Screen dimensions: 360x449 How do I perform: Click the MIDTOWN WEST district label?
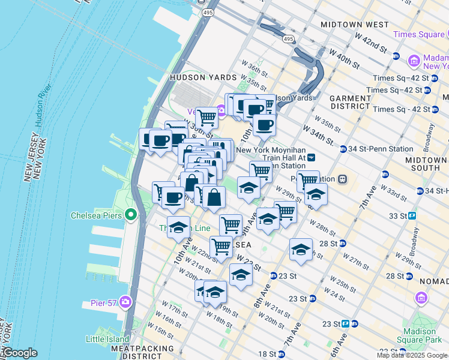(355, 25)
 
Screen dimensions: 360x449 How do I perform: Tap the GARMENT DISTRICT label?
(350, 103)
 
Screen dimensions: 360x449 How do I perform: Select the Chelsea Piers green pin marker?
(131, 215)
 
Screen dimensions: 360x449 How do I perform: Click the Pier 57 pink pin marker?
(125, 301)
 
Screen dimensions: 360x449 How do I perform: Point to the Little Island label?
(108, 339)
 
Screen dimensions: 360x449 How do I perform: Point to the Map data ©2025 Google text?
(412, 355)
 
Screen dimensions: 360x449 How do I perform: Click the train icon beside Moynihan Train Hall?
(312, 158)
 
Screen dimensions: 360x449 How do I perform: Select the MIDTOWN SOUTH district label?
(426, 165)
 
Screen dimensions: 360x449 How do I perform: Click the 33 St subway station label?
(398, 215)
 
